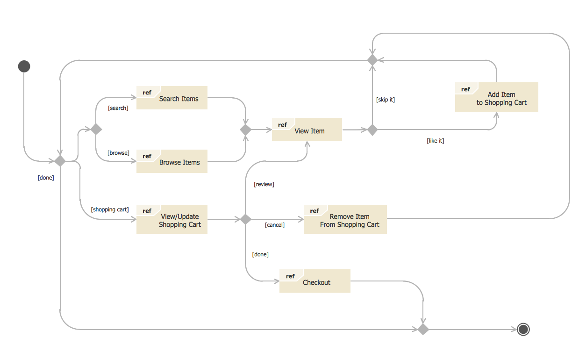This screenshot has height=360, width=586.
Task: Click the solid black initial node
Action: point(24,66)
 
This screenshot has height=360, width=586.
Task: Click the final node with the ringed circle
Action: point(523,330)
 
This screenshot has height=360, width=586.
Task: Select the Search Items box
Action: point(172,98)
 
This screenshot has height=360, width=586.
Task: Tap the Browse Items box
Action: point(172,161)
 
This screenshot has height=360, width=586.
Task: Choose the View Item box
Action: point(307,130)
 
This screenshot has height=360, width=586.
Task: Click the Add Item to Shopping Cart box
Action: point(497,97)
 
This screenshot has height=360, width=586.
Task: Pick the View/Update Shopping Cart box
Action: point(172,219)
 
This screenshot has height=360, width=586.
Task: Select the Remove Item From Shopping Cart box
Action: point(345,219)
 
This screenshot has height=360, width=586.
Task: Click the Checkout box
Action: point(315,281)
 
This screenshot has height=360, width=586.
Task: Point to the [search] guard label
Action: point(118,108)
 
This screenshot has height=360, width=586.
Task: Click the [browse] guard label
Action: point(118,153)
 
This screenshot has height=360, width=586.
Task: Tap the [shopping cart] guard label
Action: point(110,209)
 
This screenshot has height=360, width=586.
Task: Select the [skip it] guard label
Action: point(386,100)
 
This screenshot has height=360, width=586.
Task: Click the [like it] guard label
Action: point(435,141)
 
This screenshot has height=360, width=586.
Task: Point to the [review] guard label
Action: point(264,184)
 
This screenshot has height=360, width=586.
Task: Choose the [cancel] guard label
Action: point(275,225)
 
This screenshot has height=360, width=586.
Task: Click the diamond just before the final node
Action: point(423,330)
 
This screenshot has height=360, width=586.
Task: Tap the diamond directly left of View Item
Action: point(246,130)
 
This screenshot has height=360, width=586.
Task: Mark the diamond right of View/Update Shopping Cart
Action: point(246,219)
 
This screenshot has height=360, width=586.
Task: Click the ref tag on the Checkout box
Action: point(290,276)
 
